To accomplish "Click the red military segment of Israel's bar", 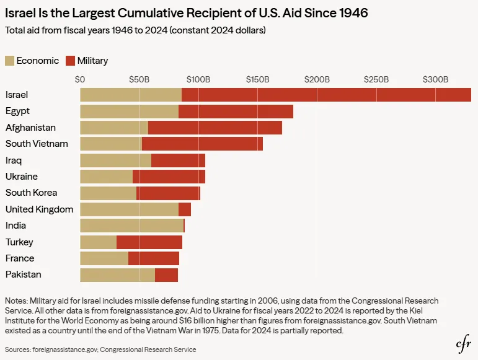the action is click(x=326, y=95).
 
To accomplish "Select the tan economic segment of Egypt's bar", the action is click(x=129, y=112).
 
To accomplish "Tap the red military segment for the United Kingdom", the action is click(x=185, y=209).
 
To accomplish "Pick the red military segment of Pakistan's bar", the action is click(x=166, y=275).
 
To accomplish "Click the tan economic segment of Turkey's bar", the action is click(x=98, y=242).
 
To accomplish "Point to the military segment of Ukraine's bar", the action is click(x=169, y=177).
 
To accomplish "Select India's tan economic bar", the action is click(x=132, y=226).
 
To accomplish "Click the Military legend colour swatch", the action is click(x=71, y=61).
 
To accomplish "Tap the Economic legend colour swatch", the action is click(x=9, y=61).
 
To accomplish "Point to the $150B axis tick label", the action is click(x=257, y=79).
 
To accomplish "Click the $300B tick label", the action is click(x=435, y=79).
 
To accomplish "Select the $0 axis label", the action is click(x=80, y=79).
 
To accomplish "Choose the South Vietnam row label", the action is click(x=37, y=144).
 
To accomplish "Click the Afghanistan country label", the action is click(x=30, y=127).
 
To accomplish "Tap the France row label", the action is click(x=20, y=258).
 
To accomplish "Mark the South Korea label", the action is click(x=31, y=193).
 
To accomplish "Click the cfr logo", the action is click(x=463, y=345).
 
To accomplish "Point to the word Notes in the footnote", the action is click(x=16, y=301).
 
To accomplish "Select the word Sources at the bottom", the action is click(x=18, y=349).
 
